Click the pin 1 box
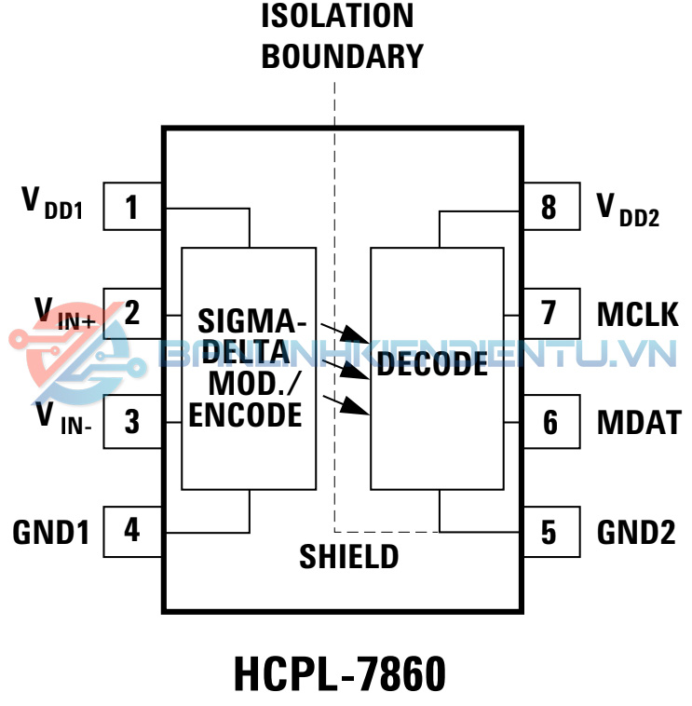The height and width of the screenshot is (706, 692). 132,206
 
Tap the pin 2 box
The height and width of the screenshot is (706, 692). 132,313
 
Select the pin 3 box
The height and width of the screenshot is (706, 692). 132,421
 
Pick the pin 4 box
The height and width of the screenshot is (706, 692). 132,530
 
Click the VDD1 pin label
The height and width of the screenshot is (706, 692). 52,203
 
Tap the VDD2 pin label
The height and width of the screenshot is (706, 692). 628,209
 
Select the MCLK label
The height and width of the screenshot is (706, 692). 638,315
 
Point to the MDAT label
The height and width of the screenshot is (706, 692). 639,422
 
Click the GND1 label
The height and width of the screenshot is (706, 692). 50,532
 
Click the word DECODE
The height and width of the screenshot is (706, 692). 432,365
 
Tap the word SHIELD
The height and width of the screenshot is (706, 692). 348,557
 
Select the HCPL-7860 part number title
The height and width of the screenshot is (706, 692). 340,674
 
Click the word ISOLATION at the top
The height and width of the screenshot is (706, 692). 337,16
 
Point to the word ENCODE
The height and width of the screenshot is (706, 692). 246,414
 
